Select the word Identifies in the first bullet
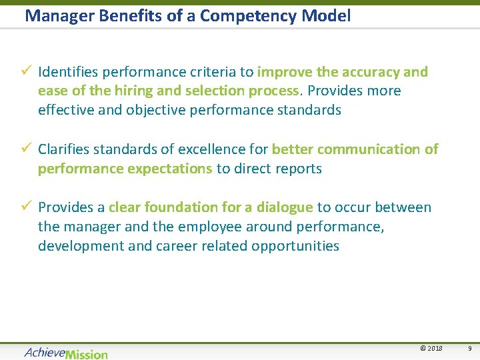pos(67,72)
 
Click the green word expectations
pos(169,169)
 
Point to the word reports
pos(297,169)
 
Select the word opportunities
pos(295,246)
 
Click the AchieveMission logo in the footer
pos(65,353)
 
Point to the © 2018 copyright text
pos(431,349)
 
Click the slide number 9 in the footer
pos(469,349)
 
